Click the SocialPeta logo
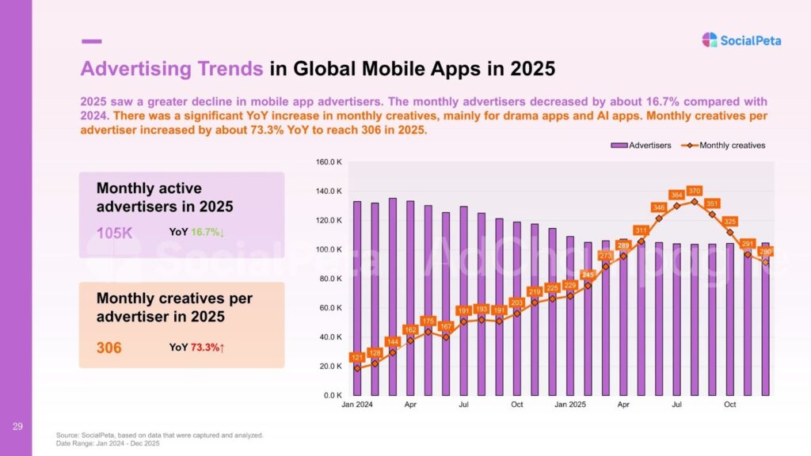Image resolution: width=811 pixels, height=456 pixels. tap(741, 40)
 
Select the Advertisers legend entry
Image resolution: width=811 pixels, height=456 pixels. tap(641, 145)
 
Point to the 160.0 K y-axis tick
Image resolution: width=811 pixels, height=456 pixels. tap(327, 162)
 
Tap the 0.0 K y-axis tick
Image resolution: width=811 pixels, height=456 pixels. tap(330, 395)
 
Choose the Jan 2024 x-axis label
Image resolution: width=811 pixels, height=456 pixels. tap(357, 405)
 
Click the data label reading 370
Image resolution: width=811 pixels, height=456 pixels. tap(695, 191)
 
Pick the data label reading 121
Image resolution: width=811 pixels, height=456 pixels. tap(357, 358)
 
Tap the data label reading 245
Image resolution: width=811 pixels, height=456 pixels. tap(588, 275)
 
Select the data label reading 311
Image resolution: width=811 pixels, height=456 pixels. tap(641, 230)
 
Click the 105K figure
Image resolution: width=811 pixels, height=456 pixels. tap(114, 233)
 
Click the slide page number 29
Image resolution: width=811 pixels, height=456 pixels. tap(17, 427)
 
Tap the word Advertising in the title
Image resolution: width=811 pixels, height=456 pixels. tap(172, 69)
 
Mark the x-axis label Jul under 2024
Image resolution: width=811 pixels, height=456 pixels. tap(464, 405)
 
